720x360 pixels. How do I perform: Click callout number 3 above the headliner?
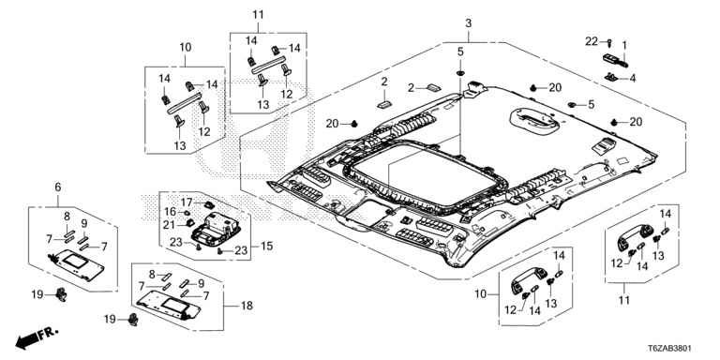pyautogui.click(x=468, y=22)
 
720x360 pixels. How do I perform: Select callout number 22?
pyautogui.click(x=592, y=42)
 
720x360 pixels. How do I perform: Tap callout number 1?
pyautogui.click(x=624, y=45)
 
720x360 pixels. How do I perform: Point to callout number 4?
pyautogui.click(x=633, y=79)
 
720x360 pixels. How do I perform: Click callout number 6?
pyautogui.click(x=58, y=187)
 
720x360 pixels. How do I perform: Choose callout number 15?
pyautogui.click(x=267, y=247)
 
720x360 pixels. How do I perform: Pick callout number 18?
pyautogui.click(x=247, y=306)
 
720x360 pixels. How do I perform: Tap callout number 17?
pyautogui.click(x=186, y=202)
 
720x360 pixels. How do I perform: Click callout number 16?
pyautogui.click(x=171, y=212)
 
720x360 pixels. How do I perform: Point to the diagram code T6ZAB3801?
pyautogui.click(x=669, y=349)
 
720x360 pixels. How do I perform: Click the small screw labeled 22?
pyautogui.click(x=608, y=43)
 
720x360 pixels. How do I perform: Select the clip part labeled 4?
pyautogui.click(x=611, y=77)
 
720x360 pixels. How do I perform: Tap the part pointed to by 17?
pyautogui.click(x=208, y=203)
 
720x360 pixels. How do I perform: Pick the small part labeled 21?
pyautogui.click(x=187, y=223)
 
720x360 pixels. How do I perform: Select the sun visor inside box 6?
pyautogui.click(x=76, y=265)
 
